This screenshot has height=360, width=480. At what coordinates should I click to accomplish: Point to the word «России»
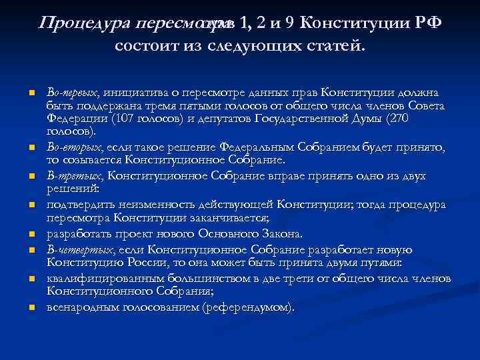124,263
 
